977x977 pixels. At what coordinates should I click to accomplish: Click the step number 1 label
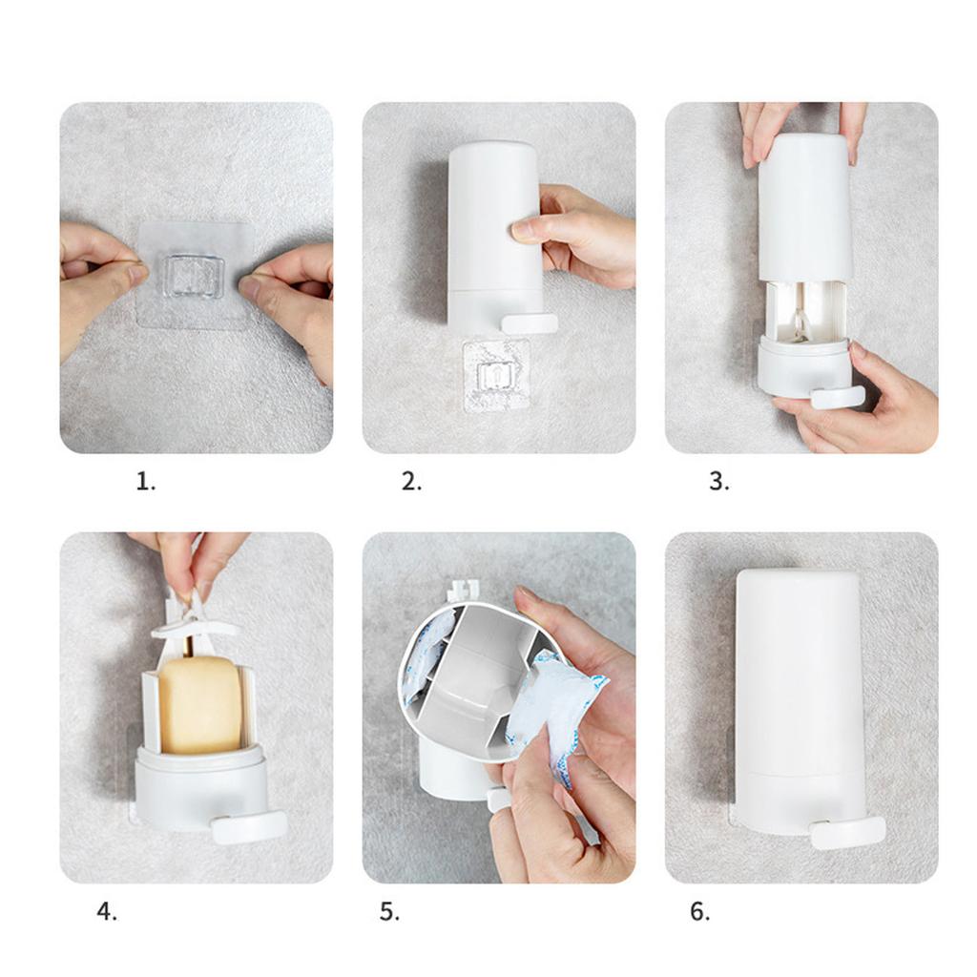(146, 482)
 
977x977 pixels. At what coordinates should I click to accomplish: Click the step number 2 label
(411, 482)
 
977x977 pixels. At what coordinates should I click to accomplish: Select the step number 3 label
(719, 482)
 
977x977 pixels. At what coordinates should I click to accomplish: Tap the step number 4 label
(107, 911)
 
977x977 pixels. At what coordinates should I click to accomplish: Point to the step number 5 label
(389, 911)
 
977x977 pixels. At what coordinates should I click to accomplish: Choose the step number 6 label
(699, 911)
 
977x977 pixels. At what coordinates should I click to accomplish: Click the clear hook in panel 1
(193, 277)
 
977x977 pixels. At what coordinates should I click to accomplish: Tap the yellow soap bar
(199, 704)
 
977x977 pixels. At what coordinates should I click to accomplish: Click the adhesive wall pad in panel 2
(496, 375)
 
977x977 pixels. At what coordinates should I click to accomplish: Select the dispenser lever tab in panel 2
(530, 323)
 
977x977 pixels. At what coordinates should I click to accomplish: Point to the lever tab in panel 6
(847, 833)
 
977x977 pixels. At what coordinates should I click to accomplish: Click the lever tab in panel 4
(249, 827)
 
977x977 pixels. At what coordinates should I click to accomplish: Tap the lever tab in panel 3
(838, 397)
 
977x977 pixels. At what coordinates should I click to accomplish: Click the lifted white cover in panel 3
(803, 207)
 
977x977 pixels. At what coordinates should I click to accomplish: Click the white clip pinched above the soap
(193, 617)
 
